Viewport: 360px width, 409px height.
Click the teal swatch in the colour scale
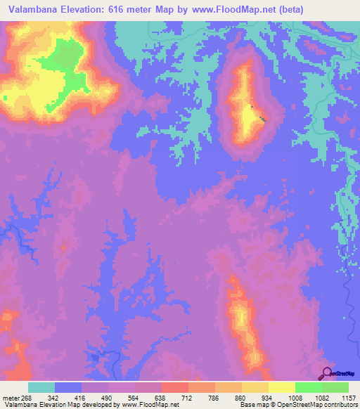pyautogui.click(x=41, y=387)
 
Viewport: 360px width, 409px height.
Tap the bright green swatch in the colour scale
pyautogui.click(x=308, y=387)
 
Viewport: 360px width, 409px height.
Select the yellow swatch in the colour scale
pyautogui.click(x=281, y=387)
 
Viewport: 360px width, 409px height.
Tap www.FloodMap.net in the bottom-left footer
pyautogui.click(x=150, y=405)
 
